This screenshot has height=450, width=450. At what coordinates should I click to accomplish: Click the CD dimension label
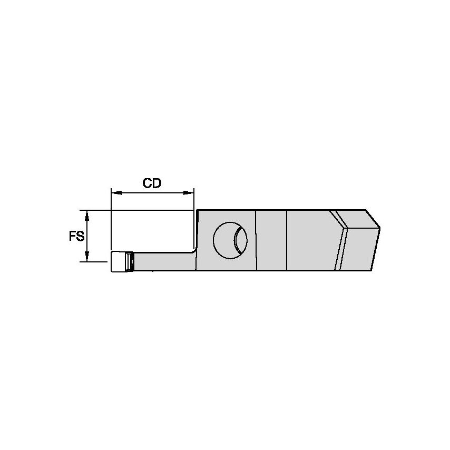(x=152, y=183)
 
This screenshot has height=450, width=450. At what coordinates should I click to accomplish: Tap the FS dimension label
(x=76, y=237)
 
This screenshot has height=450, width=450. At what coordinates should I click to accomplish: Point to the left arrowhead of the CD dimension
(x=115, y=193)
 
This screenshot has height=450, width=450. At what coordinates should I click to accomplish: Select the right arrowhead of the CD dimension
(x=189, y=193)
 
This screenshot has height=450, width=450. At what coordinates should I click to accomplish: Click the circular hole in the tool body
(x=224, y=240)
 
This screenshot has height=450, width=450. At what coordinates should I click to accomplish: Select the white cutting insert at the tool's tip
(x=120, y=262)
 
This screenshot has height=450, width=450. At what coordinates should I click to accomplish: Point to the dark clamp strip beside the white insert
(x=132, y=262)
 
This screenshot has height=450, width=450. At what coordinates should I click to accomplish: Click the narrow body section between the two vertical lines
(x=271, y=240)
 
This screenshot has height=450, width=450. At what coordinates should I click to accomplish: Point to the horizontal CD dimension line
(x=152, y=193)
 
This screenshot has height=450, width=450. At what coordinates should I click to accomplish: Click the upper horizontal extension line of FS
(x=137, y=210)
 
